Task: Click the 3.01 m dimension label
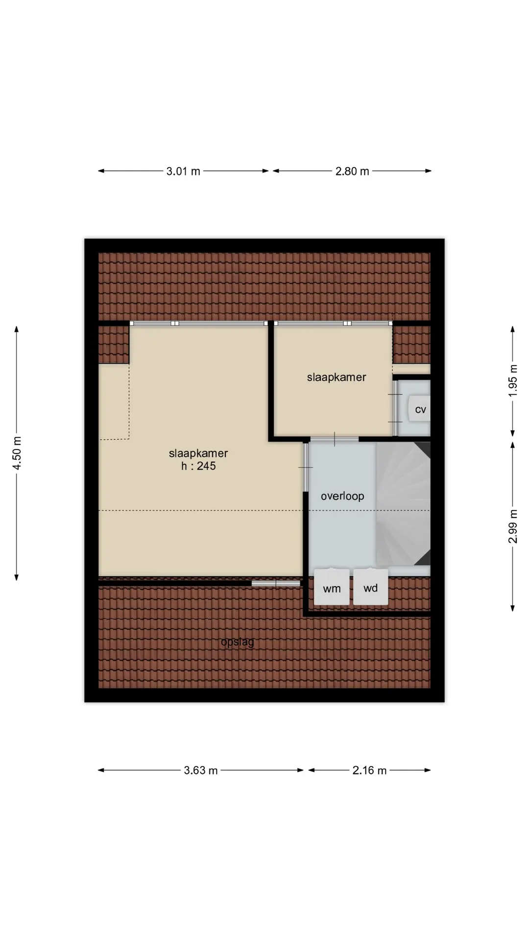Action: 183,171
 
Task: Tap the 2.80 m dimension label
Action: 352,171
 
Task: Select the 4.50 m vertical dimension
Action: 17,453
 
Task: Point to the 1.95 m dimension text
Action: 513,381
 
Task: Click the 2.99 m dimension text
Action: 513,526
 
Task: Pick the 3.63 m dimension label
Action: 201,770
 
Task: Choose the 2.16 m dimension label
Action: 370,770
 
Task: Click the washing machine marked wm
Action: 332,587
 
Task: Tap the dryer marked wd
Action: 371,587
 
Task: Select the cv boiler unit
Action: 420,408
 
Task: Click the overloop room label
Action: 342,496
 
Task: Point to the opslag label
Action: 238,642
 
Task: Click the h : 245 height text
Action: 198,466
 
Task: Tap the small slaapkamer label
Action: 337,377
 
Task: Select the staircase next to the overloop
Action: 403,504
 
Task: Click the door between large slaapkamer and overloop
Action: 306,467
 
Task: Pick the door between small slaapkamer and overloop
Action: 335,439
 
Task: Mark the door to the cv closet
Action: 395,408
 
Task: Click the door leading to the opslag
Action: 276,583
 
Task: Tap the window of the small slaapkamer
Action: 333,323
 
